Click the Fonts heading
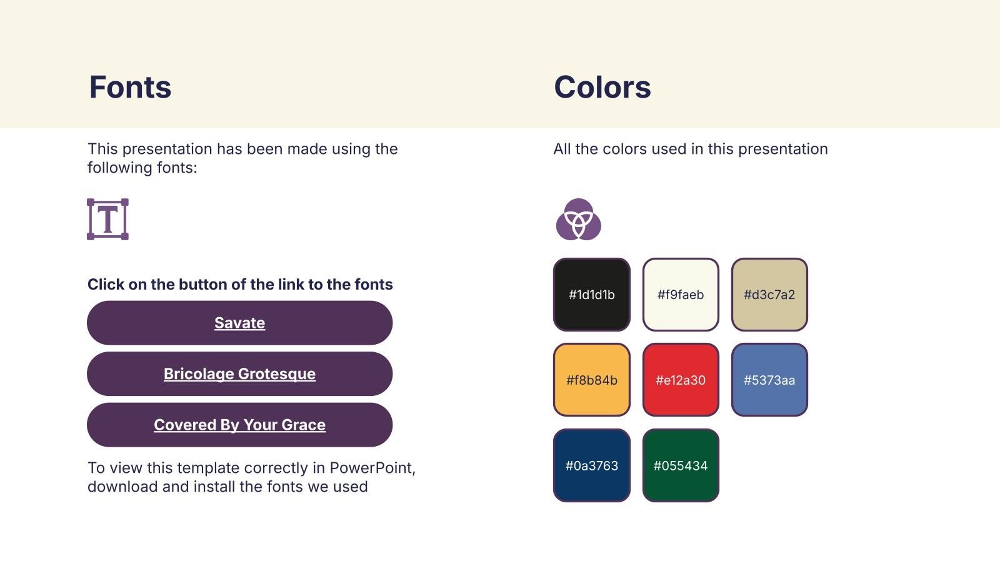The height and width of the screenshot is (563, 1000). click(x=130, y=87)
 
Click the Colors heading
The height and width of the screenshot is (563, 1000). click(x=602, y=87)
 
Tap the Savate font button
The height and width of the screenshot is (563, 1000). click(x=240, y=323)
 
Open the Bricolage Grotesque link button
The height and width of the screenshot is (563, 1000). click(x=240, y=373)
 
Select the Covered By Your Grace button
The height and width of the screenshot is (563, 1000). click(x=240, y=425)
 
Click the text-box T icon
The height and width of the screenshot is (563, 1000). click(x=107, y=220)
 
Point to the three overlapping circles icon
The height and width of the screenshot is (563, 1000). click(x=579, y=220)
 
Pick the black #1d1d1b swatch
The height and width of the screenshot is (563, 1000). click(x=591, y=295)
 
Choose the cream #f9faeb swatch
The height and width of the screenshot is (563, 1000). click(x=681, y=295)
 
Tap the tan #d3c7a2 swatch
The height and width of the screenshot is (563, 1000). click(x=769, y=295)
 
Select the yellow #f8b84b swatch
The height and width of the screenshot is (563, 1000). click(x=591, y=380)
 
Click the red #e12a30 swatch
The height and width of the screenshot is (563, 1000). click(x=681, y=380)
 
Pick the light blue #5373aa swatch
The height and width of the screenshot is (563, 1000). click(x=769, y=380)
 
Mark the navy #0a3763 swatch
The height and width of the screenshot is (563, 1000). click(x=591, y=465)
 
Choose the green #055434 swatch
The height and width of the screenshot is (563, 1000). click(x=681, y=465)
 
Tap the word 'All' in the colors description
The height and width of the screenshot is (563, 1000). click(x=562, y=149)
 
